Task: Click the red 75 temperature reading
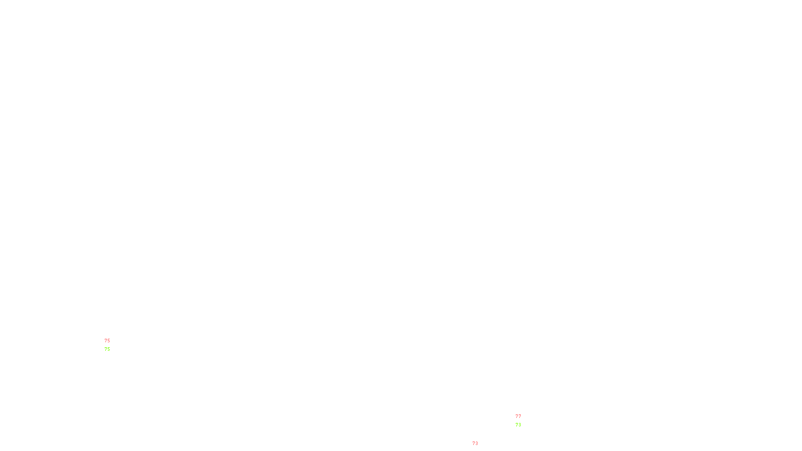[x=107, y=341]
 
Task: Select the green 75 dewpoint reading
[x=107, y=349]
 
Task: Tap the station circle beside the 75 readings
[x=112, y=345]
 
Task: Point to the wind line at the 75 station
[x=105, y=344]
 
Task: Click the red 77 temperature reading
[x=518, y=416]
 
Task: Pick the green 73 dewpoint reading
[x=518, y=425]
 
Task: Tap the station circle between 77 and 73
[x=523, y=421]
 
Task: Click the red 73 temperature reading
[x=475, y=443]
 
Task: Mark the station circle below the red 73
[x=480, y=448]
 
